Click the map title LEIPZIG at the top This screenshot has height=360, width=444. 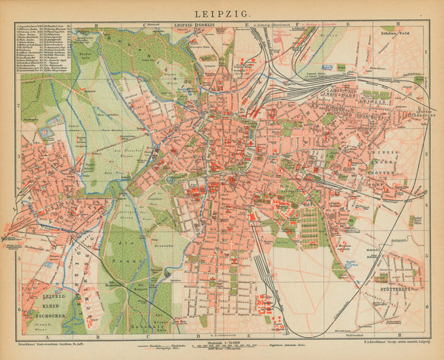pos(222,13)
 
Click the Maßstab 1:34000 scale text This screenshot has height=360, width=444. pos(221,342)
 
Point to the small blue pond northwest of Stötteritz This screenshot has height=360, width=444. pos(348,262)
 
